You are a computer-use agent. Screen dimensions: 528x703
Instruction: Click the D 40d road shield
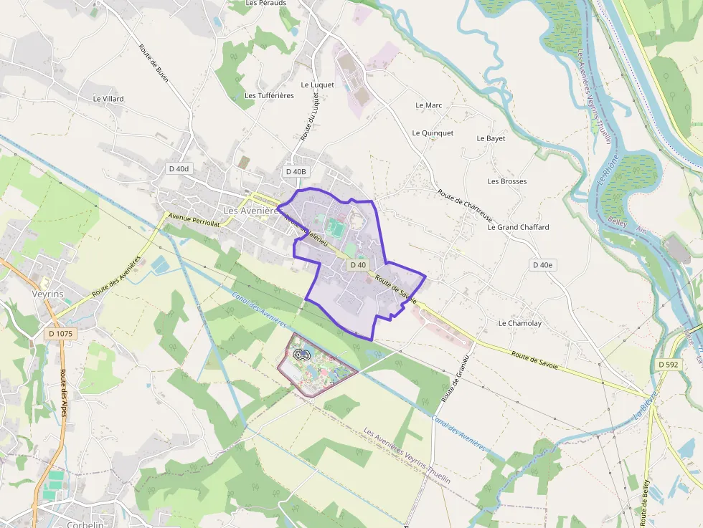[179, 168]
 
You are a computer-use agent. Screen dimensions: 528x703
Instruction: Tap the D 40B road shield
[296, 171]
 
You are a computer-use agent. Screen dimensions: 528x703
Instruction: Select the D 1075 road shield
[62, 333]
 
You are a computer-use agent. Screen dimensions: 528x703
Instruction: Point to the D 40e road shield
[543, 264]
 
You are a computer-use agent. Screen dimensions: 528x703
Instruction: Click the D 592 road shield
[669, 365]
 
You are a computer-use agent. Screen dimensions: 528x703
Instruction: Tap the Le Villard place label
[108, 98]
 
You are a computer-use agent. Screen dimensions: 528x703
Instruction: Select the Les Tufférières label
[269, 95]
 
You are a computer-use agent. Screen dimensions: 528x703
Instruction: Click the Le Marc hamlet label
[429, 105]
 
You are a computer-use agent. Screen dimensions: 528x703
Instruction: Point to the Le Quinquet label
[433, 133]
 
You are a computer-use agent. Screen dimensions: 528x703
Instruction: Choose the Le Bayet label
[491, 138]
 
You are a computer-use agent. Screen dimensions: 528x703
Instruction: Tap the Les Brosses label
[507, 181]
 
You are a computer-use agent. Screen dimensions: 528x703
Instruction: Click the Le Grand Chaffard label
[518, 227]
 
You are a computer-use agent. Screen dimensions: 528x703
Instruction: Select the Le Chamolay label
[520, 323]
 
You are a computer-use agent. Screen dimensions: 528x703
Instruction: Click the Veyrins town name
[48, 294]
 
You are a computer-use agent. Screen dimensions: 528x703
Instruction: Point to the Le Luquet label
[317, 85]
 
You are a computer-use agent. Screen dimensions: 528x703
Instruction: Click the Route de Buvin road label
[154, 63]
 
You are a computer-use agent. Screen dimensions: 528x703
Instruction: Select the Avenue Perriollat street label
[194, 219]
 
